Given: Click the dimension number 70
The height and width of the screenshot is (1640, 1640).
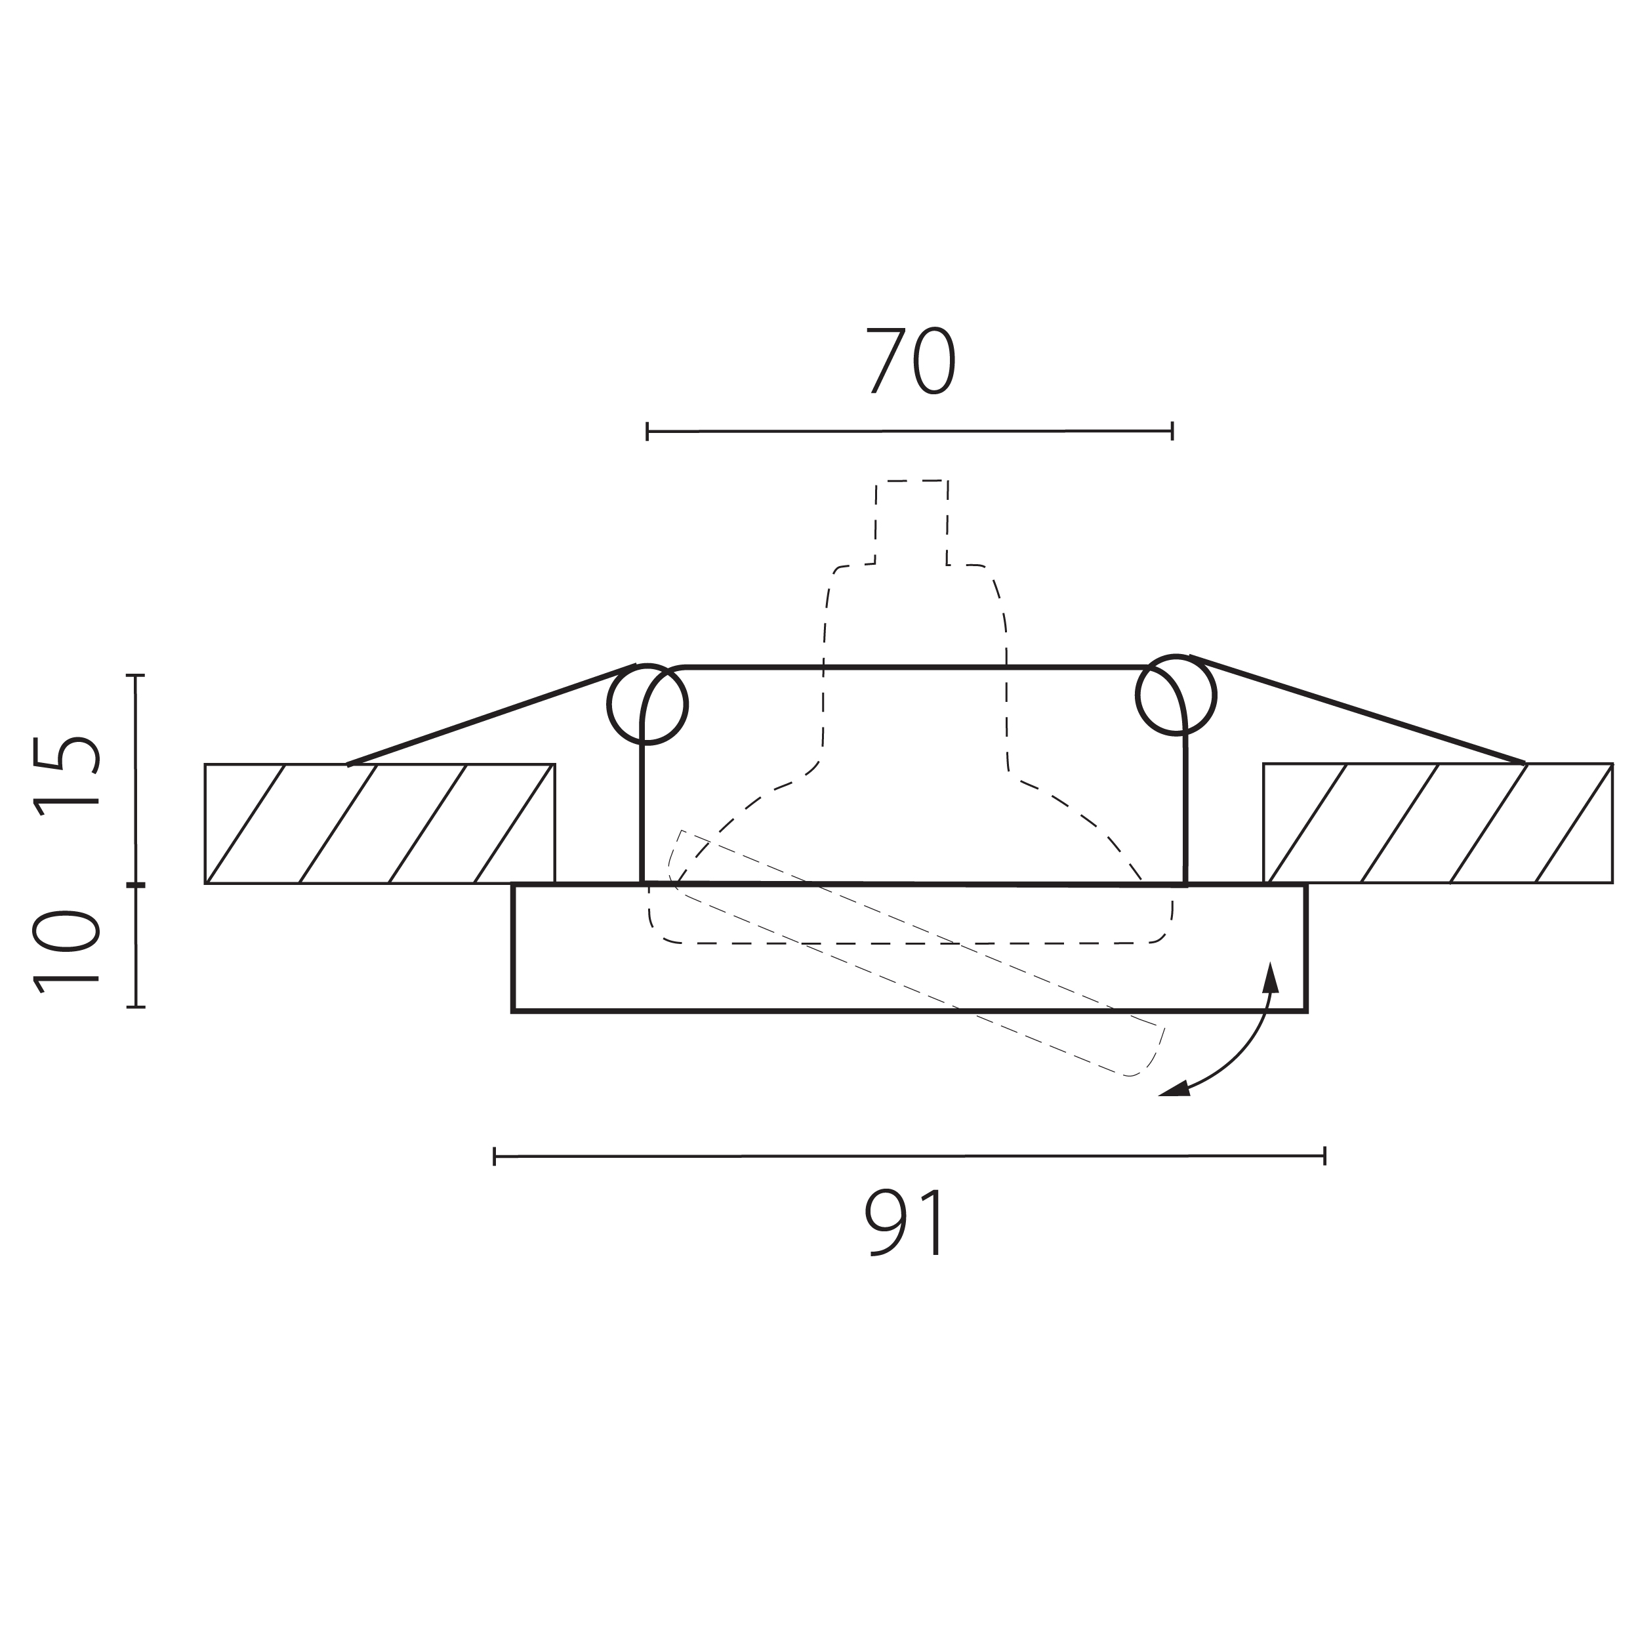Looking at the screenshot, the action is [x=911, y=361].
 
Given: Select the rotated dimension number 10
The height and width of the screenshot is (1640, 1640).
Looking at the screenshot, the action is [x=66, y=950].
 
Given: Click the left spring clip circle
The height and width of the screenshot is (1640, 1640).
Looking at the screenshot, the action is [x=647, y=665].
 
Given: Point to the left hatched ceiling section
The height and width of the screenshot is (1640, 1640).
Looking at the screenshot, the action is [x=379, y=823].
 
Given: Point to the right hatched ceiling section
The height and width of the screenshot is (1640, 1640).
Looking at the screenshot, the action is [x=1438, y=823].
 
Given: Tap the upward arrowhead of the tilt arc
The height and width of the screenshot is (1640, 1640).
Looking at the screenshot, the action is [x=1270, y=977].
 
